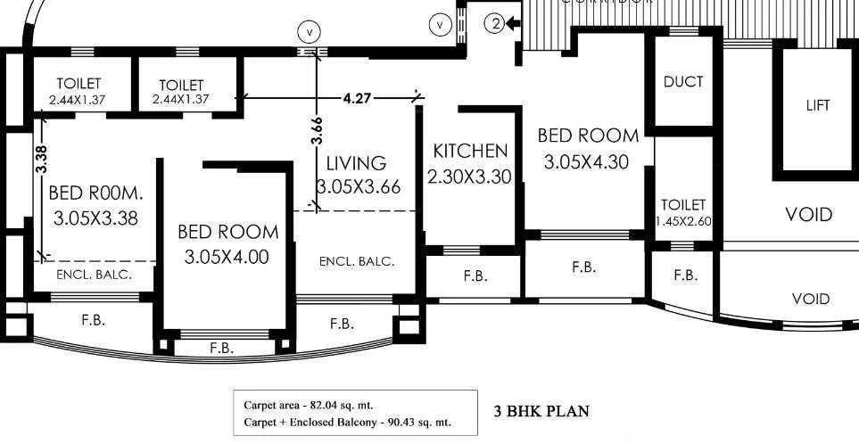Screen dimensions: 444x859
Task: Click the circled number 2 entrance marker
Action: click(x=496, y=25)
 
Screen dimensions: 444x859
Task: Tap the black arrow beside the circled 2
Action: click(x=515, y=25)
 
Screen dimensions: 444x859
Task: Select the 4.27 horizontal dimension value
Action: click(x=357, y=98)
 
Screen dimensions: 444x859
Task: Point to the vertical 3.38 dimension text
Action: click(x=41, y=158)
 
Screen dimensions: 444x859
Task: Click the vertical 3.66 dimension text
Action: click(x=317, y=129)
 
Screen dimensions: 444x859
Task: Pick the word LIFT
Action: click(x=817, y=105)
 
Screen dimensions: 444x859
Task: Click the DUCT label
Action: click(x=683, y=82)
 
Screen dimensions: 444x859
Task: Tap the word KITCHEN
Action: click(x=470, y=152)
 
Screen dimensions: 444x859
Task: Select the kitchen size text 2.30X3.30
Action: click(x=470, y=177)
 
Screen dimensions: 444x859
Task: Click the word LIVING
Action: click(x=356, y=164)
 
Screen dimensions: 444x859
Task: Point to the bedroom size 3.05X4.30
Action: click(x=589, y=162)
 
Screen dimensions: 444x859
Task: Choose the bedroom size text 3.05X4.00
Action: click(x=227, y=258)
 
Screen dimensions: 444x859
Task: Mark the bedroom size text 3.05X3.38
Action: click(x=95, y=218)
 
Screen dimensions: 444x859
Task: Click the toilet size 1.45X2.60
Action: click(x=683, y=221)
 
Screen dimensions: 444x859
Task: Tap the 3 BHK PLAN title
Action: click(x=541, y=412)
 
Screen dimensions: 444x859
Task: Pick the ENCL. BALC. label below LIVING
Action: click(x=357, y=261)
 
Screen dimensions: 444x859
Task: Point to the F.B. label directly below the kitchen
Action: click(x=475, y=276)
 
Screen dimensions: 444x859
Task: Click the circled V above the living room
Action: click(x=309, y=32)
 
